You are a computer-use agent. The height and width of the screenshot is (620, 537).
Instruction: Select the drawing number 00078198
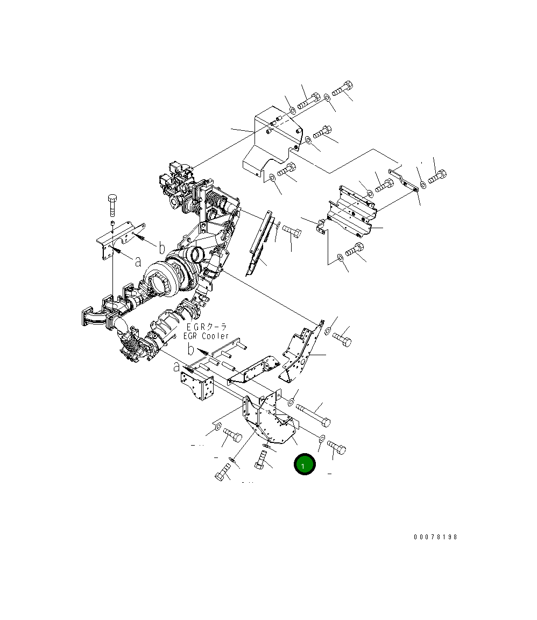point(435,537)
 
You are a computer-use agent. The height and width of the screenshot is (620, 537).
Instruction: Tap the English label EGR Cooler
point(206,336)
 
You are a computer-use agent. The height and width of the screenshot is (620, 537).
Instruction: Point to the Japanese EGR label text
point(207,327)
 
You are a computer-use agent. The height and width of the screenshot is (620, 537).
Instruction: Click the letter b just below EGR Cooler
point(190,350)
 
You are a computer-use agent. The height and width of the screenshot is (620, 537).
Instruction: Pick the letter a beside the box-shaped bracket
point(176,368)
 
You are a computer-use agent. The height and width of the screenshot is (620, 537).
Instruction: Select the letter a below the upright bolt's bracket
point(138,262)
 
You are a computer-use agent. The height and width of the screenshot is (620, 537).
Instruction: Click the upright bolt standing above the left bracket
point(112,204)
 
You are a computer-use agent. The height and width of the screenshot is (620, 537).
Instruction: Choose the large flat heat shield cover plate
point(272,142)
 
